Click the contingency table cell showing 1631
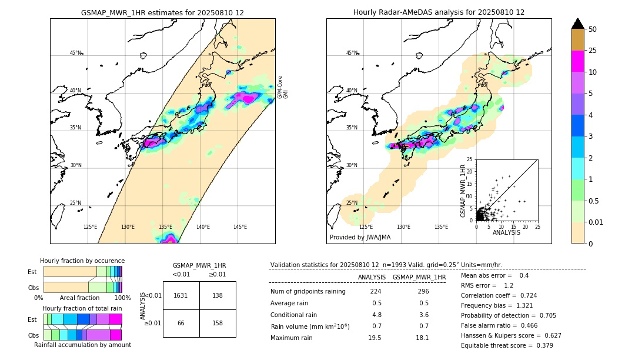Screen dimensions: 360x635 click(x=181, y=295)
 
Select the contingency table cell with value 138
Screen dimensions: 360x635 click(x=218, y=295)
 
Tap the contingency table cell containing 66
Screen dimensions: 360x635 click(x=181, y=323)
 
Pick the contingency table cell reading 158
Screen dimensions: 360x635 click(x=218, y=323)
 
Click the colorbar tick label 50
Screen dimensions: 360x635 click(x=593, y=29)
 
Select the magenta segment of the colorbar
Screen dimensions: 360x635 click(x=577, y=61)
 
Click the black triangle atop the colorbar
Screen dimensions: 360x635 click(x=577, y=24)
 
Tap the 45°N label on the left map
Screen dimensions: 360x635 click(x=75, y=53)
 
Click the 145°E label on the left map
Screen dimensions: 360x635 click(x=240, y=227)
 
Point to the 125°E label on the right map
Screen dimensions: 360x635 click(x=366, y=227)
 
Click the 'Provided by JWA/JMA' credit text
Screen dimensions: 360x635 click(x=360, y=237)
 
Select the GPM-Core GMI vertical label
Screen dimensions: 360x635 click(x=283, y=87)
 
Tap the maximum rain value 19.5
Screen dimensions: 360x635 click(x=375, y=338)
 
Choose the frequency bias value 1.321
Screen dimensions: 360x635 click(x=525, y=305)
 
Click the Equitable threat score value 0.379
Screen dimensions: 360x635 click(x=542, y=345)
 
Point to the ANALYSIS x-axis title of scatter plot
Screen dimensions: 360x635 click(x=507, y=232)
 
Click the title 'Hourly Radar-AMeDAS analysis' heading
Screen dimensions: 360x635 click(x=439, y=12)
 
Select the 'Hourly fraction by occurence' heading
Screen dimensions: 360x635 click(x=82, y=261)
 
